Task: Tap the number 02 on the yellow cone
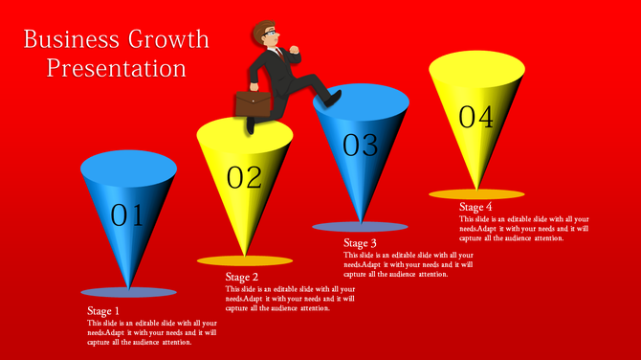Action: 244,177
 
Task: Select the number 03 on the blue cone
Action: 361,146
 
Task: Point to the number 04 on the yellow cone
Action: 475,118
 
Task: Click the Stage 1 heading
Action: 103,311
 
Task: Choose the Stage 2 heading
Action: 242,278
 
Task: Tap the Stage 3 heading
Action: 360,243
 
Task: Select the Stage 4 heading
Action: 475,207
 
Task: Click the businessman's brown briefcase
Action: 254,103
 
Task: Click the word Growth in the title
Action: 162,40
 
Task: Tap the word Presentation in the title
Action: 117,69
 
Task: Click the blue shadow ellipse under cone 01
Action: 128,291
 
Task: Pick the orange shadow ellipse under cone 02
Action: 244,260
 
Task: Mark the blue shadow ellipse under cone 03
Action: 360,227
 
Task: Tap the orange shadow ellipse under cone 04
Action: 475,194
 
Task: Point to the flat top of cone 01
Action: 128,169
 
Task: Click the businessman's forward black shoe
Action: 330,98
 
